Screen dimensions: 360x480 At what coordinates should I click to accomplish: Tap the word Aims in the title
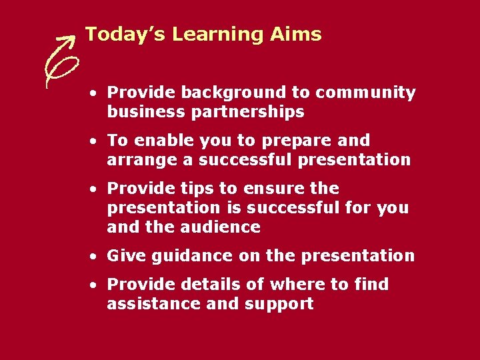[296, 35]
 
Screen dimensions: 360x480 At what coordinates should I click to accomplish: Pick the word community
[366, 93]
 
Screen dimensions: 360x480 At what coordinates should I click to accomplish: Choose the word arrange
[137, 160]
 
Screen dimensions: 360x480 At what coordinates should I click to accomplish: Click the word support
[279, 305]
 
